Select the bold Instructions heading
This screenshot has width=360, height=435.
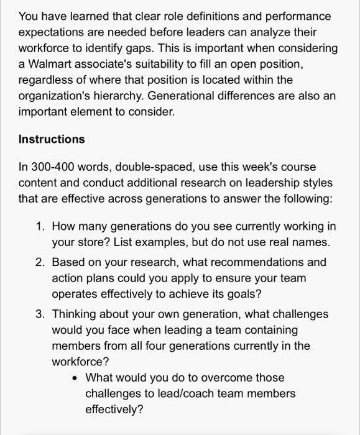52,139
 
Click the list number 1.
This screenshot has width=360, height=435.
40,226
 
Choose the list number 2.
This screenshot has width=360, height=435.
40,262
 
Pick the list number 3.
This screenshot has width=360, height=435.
40,314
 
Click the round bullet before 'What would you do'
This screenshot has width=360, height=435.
75,378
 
